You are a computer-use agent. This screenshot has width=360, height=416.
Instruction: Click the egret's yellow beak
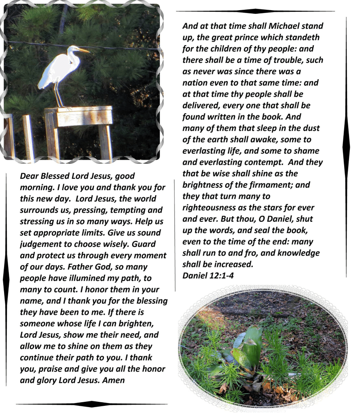83,50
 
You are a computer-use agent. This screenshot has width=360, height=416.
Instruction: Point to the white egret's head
73,49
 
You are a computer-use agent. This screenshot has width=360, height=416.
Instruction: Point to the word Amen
113,380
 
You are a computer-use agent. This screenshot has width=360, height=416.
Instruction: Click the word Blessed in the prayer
54,176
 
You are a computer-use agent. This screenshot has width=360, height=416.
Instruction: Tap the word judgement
40,245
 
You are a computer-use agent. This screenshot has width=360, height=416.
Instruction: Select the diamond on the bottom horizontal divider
92,404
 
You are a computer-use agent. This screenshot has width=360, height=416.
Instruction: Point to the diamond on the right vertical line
346,146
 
